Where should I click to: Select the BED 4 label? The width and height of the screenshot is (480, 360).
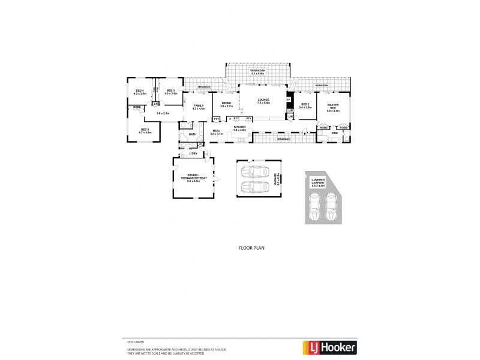point(139,92)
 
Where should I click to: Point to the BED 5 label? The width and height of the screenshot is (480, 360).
point(145,130)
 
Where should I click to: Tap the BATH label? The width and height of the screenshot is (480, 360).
point(192,134)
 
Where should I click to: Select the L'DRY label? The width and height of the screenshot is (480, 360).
point(193,154)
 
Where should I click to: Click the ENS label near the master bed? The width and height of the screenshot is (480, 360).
point(335,133)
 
